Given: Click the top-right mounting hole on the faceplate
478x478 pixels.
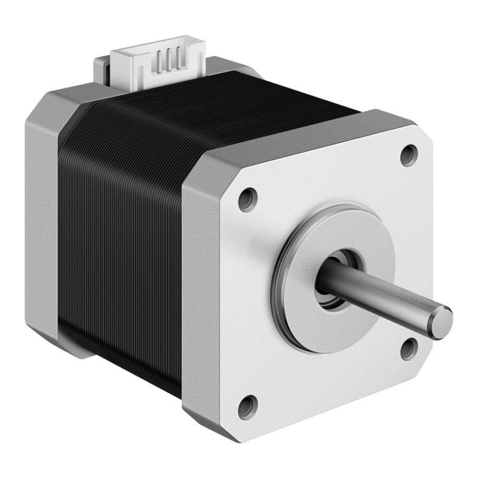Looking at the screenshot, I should [x=409, y=155].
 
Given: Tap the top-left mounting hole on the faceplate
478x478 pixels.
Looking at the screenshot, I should [x=247, y=199].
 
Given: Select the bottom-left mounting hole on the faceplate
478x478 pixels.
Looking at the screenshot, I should [x=247, y=407].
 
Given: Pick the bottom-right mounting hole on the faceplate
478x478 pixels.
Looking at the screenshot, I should [x=409, y=348].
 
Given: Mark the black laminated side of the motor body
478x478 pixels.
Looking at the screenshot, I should [x=119, y=239].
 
